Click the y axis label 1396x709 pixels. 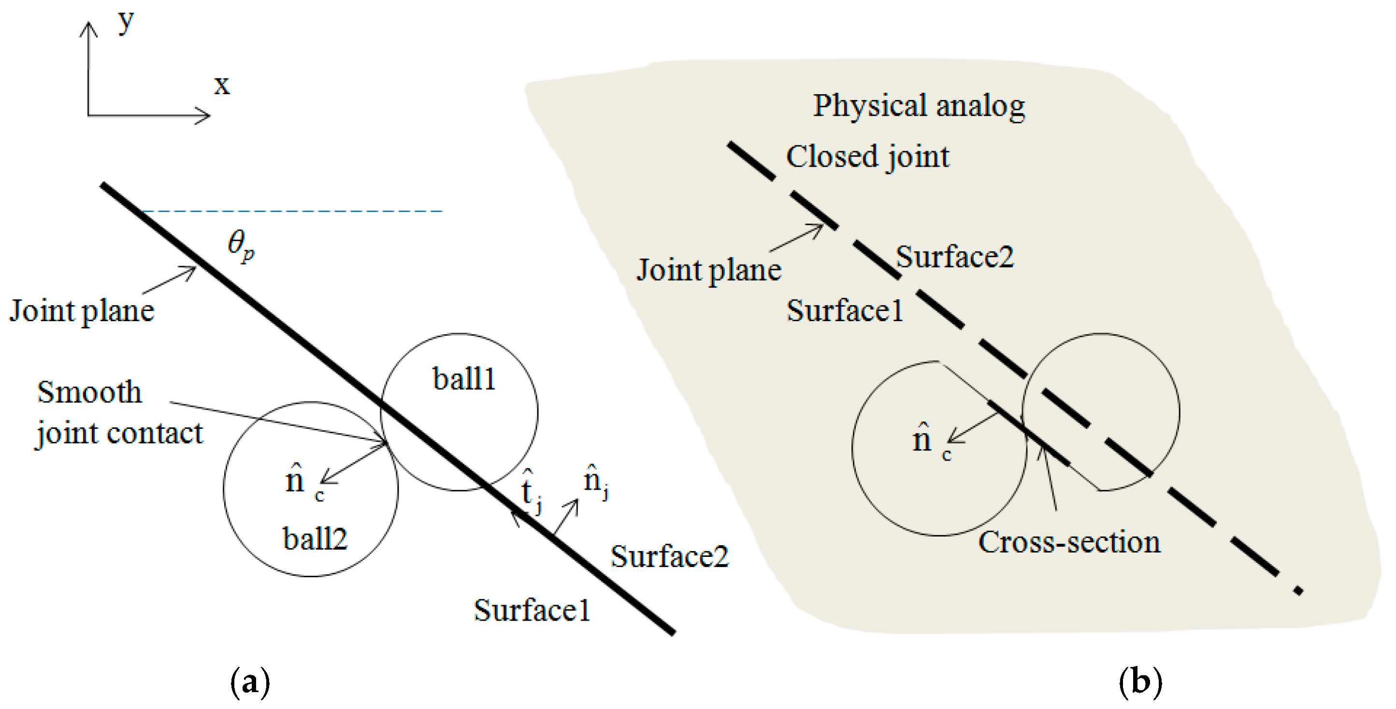tap(126, 23)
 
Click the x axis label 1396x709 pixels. tap(221, 85)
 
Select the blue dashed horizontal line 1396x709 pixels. tap(293, 211)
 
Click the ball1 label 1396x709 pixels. tap(464, 379)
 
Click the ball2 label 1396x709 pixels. tap(315, 539)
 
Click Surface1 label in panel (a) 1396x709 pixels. tap(532, 610)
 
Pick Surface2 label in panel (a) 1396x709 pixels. tap(669, 556)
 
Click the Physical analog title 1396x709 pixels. tap(919, 106)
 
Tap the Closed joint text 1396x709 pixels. tap(868, 157)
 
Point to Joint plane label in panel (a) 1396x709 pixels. tap(81, 311)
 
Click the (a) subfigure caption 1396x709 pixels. tap(250, 682)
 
